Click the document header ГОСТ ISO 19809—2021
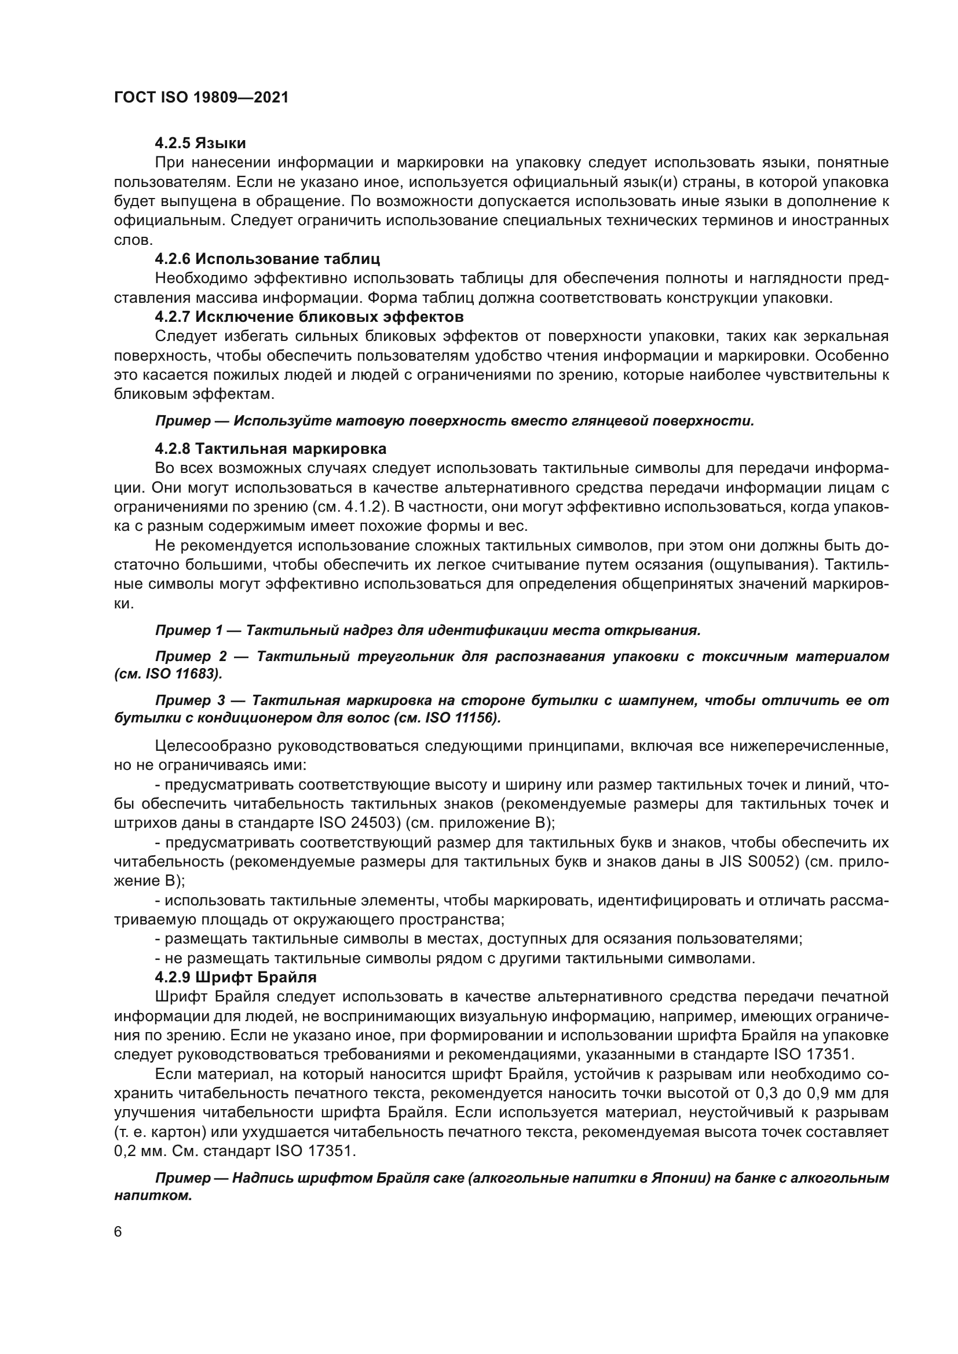pos(201,98)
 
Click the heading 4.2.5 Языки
pos(200,144)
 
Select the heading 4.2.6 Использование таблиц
pos(267,259)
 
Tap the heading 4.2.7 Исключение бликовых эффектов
pos(309,317)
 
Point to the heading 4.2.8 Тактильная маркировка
pos(270,449)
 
